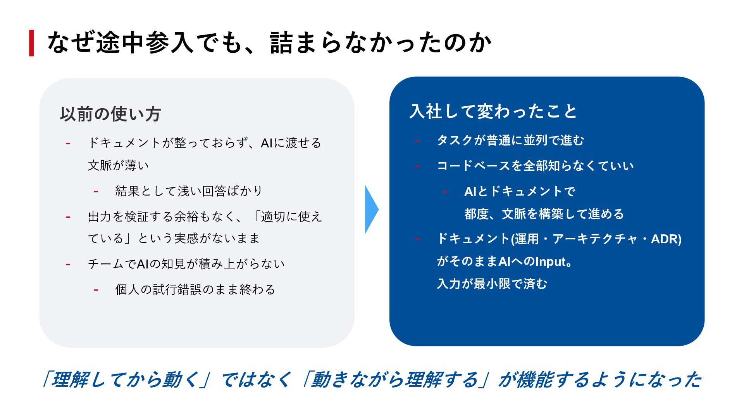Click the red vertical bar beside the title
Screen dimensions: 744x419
(x=31, y=43)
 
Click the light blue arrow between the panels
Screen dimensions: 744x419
(x=371, y=209)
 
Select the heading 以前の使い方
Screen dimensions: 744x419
(x=110, y=114)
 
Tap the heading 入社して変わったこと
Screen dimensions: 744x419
(x=493, y=111)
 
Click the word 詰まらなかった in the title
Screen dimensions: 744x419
(x=356, y=43)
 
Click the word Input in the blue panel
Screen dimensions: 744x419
(x=551, y=262)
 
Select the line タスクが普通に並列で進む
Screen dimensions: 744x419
(x=510, y=140)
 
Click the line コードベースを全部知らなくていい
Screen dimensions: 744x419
(x=535, y=166)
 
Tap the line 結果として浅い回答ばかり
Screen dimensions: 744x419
(x=189, y=191)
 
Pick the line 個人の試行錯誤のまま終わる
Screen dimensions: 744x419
(x=195, y=289)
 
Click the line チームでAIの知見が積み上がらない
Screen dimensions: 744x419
(x=186, y=264)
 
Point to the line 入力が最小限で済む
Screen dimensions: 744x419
(x=492, y=284)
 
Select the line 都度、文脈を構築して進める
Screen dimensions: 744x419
(x=544, y=214)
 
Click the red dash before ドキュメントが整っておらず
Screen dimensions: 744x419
(x=68, y=144)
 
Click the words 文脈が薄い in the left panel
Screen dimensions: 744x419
(x=118, y=166)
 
